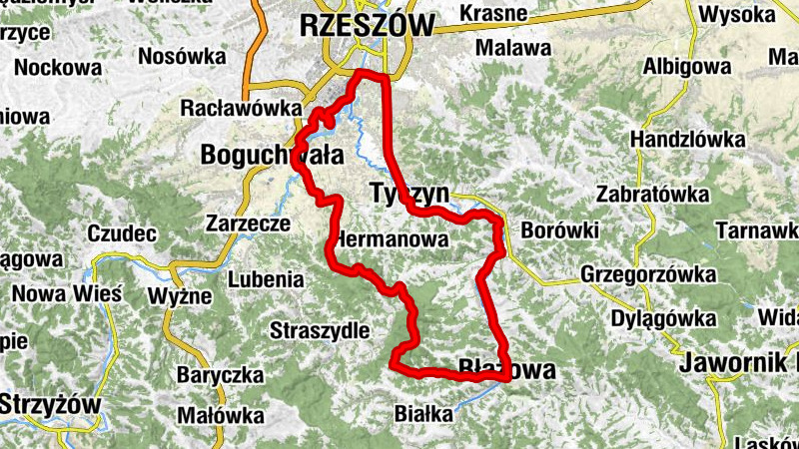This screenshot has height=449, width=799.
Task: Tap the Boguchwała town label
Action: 272,156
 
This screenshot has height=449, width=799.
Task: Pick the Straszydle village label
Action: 320,329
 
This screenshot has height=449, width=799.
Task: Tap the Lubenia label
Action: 266,280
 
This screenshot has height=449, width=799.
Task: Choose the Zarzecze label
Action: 248,224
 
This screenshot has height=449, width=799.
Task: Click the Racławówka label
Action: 241,107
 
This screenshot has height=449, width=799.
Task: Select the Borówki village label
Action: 559,231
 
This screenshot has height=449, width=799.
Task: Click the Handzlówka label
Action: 679,142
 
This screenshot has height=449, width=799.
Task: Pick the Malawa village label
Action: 513,47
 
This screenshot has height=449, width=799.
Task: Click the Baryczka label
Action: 220,375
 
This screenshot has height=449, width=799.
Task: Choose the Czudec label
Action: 123,234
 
